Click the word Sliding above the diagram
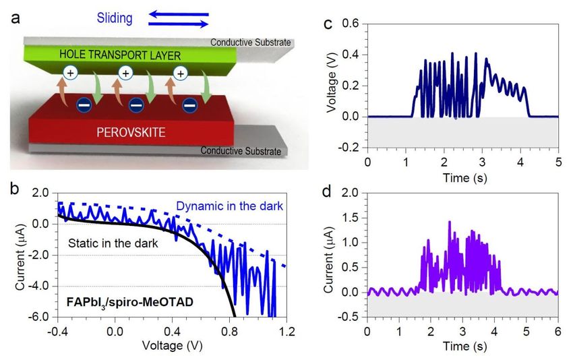tap(115, 18)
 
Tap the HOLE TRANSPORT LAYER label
tap(120, 55)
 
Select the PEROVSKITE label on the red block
tap(131, 132)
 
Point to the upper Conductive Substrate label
tap(251, 42)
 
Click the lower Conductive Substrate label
tap(241, 150)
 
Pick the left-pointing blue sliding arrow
tap(179, 15)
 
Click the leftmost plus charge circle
tap(70, 73)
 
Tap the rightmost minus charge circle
tap(189, 106)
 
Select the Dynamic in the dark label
tap(229, 206)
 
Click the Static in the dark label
tap(113, 243)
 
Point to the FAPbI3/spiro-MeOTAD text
tap(129, 303)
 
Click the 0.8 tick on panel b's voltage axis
tap(229, 332)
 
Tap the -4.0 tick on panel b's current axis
tap(41, 286)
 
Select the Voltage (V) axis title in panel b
tap(172, 345)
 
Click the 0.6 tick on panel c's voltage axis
tap(351, 24)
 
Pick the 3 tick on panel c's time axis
tap(483, 162)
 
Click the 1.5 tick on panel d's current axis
tap(351, 218)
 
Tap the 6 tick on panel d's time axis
tap(558, 331)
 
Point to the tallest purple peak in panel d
tap(450, 222)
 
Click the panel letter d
tap(326, 191)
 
